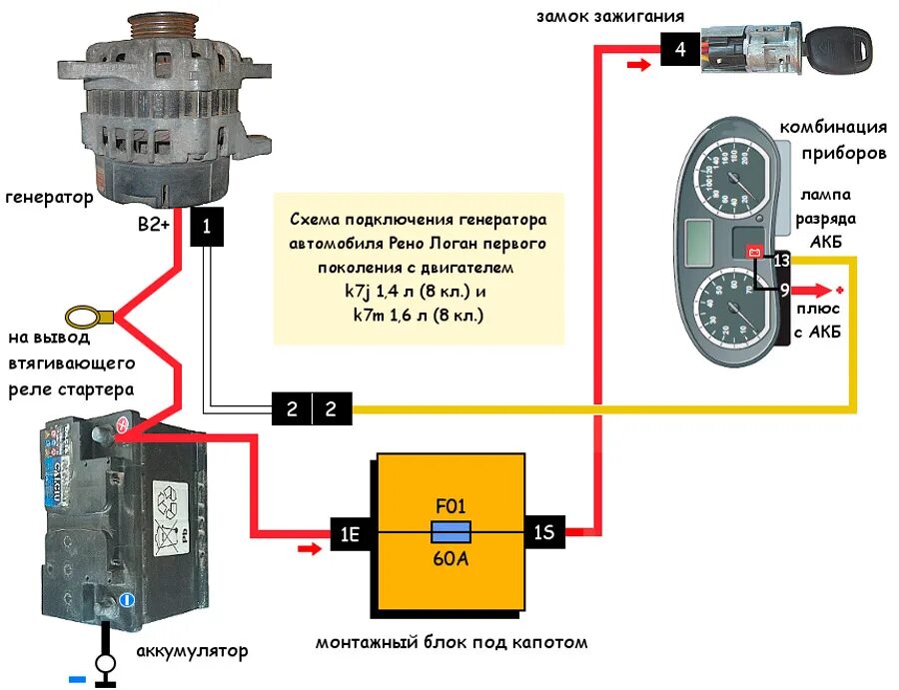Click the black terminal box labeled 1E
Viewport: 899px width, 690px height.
click(x=349, y=534)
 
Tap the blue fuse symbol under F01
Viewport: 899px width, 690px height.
click(x=450, y=531)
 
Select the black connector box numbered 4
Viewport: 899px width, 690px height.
click(x=679, y=48)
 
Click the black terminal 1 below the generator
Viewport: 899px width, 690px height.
click(x=207, y=228)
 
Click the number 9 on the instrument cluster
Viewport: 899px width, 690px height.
click(x=784, y=291)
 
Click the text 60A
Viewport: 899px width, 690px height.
click(x=450, y=558)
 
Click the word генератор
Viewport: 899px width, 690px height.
click(x=49, y=197)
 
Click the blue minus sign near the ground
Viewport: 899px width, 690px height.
click(x=77, y=680)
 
